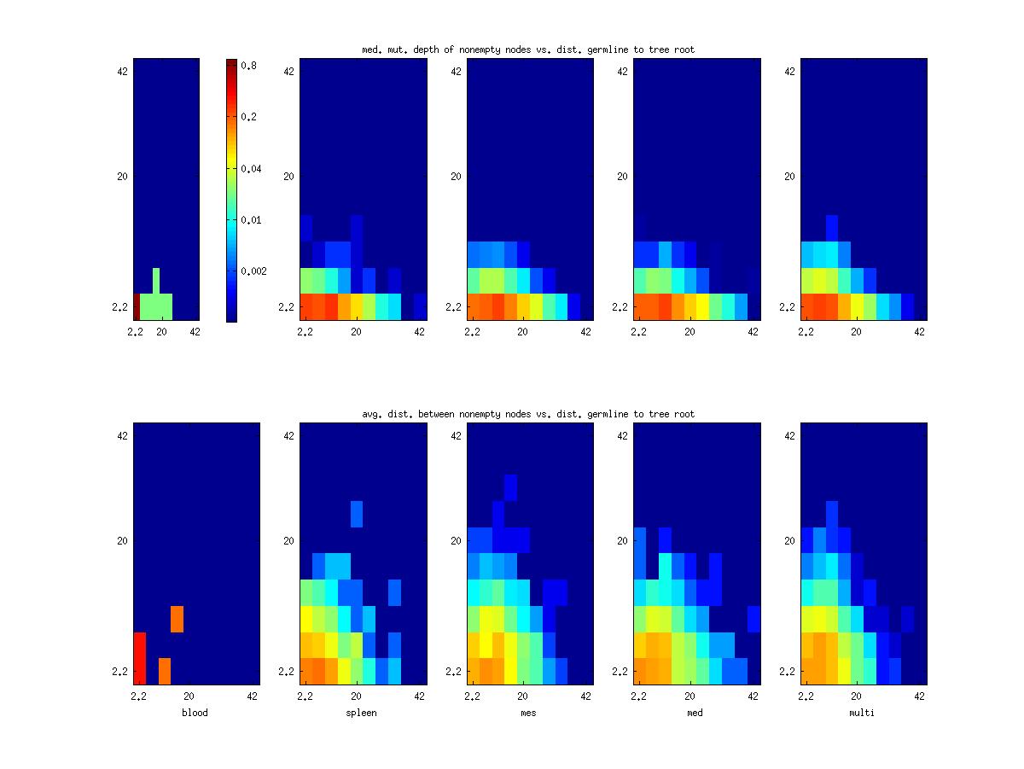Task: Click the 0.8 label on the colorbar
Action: (x=250, y=65)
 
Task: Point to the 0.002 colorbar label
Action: (x=254, y=271)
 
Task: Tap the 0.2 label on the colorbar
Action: (x=250, y=117)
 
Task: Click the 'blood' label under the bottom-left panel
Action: (x=195, y=713)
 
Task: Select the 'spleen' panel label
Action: (x=362, y=713)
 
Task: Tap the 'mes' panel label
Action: (x=528, y=713)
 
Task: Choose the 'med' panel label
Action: (x=695, y=713)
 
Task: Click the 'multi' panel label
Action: (x=862, y=713)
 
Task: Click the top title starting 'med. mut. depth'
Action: (x=528, y=50)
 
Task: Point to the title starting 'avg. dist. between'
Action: (x=528, y=414)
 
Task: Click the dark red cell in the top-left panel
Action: (x=137, y=306)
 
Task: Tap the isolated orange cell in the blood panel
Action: (x=177, y=619)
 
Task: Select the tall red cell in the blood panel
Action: (x=140, y=658)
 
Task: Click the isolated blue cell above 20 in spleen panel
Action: (x=357, y=514)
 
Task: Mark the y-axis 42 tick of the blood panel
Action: (x=120, y=435)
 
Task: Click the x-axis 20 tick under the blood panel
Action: (x=189, y=696)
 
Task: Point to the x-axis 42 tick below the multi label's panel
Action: (x=919, y=696)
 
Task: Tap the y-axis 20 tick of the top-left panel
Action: (x=120, y=176)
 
